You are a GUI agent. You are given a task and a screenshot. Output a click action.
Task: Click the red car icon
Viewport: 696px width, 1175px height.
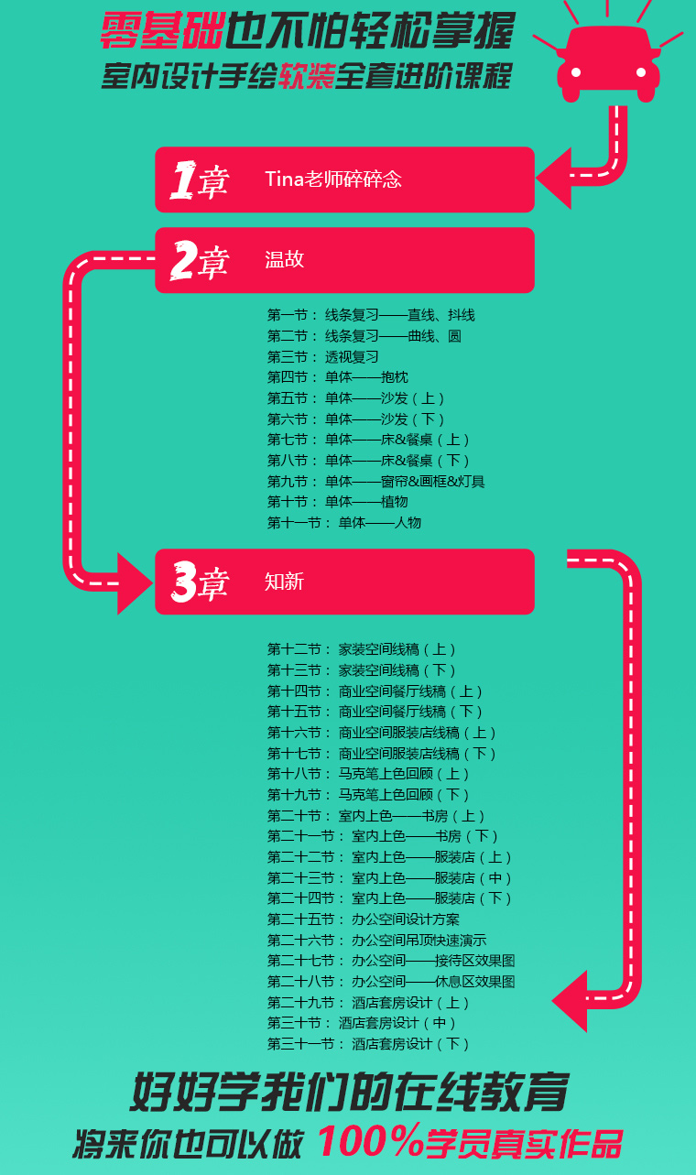point(608,63)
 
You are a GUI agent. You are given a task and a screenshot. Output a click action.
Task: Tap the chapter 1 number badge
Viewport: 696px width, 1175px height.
point(200,180)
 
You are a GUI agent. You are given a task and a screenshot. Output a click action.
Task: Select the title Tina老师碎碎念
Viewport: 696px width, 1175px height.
point(333,180)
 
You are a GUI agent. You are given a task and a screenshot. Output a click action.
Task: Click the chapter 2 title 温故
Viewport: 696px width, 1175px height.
point(284,259)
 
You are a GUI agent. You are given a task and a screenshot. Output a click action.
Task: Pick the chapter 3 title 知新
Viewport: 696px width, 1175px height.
point(284,582)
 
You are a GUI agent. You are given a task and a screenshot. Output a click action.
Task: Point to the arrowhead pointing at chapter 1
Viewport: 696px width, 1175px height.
point(553,179)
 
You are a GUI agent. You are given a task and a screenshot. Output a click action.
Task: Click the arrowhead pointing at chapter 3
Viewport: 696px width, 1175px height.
point(136,583)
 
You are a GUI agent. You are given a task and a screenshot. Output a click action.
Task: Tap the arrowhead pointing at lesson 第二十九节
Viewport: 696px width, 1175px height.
point(570,1001)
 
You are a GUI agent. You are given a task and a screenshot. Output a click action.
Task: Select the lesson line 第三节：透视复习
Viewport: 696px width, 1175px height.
point(322,356)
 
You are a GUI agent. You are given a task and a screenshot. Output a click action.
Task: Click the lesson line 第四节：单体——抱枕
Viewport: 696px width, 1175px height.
point(337,377)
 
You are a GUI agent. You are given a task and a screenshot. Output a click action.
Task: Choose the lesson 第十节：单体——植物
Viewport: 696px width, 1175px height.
point(337,502)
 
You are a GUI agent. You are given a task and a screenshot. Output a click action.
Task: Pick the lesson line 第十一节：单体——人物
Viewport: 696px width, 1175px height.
point(344,522)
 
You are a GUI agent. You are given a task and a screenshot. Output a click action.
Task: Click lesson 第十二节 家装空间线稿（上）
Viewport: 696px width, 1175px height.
point(362,649)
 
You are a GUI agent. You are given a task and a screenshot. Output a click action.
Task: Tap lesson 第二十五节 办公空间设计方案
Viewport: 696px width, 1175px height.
point(364,919)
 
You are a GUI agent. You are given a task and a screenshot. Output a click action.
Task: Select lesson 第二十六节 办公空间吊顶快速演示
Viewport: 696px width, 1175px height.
point(376,940)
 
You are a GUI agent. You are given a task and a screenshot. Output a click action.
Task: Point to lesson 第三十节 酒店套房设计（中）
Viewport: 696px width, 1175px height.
point(362,1023)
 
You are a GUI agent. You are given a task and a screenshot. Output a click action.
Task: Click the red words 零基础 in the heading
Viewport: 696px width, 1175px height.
point(163,31)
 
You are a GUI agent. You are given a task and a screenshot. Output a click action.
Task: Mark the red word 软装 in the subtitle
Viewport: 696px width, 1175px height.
point(307,76)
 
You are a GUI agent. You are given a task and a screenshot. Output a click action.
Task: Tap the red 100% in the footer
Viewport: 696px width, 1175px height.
point(370,1140)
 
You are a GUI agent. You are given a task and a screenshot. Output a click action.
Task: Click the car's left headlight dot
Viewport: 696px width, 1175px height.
point(576,72)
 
